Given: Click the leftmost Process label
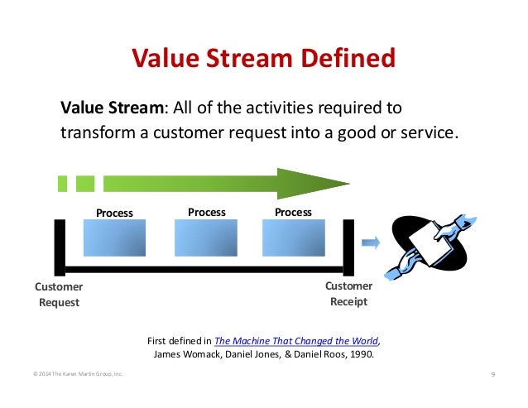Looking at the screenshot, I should tap(114, 213).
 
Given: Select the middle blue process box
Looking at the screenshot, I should tap(206, 238).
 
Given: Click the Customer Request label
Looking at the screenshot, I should tap(59, 295).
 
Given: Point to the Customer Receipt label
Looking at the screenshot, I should tap(348, 294).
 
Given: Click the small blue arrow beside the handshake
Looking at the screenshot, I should tap(372, 242).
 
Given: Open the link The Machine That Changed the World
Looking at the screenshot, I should tap(296, 340).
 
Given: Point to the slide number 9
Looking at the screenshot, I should tap(492, 375).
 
